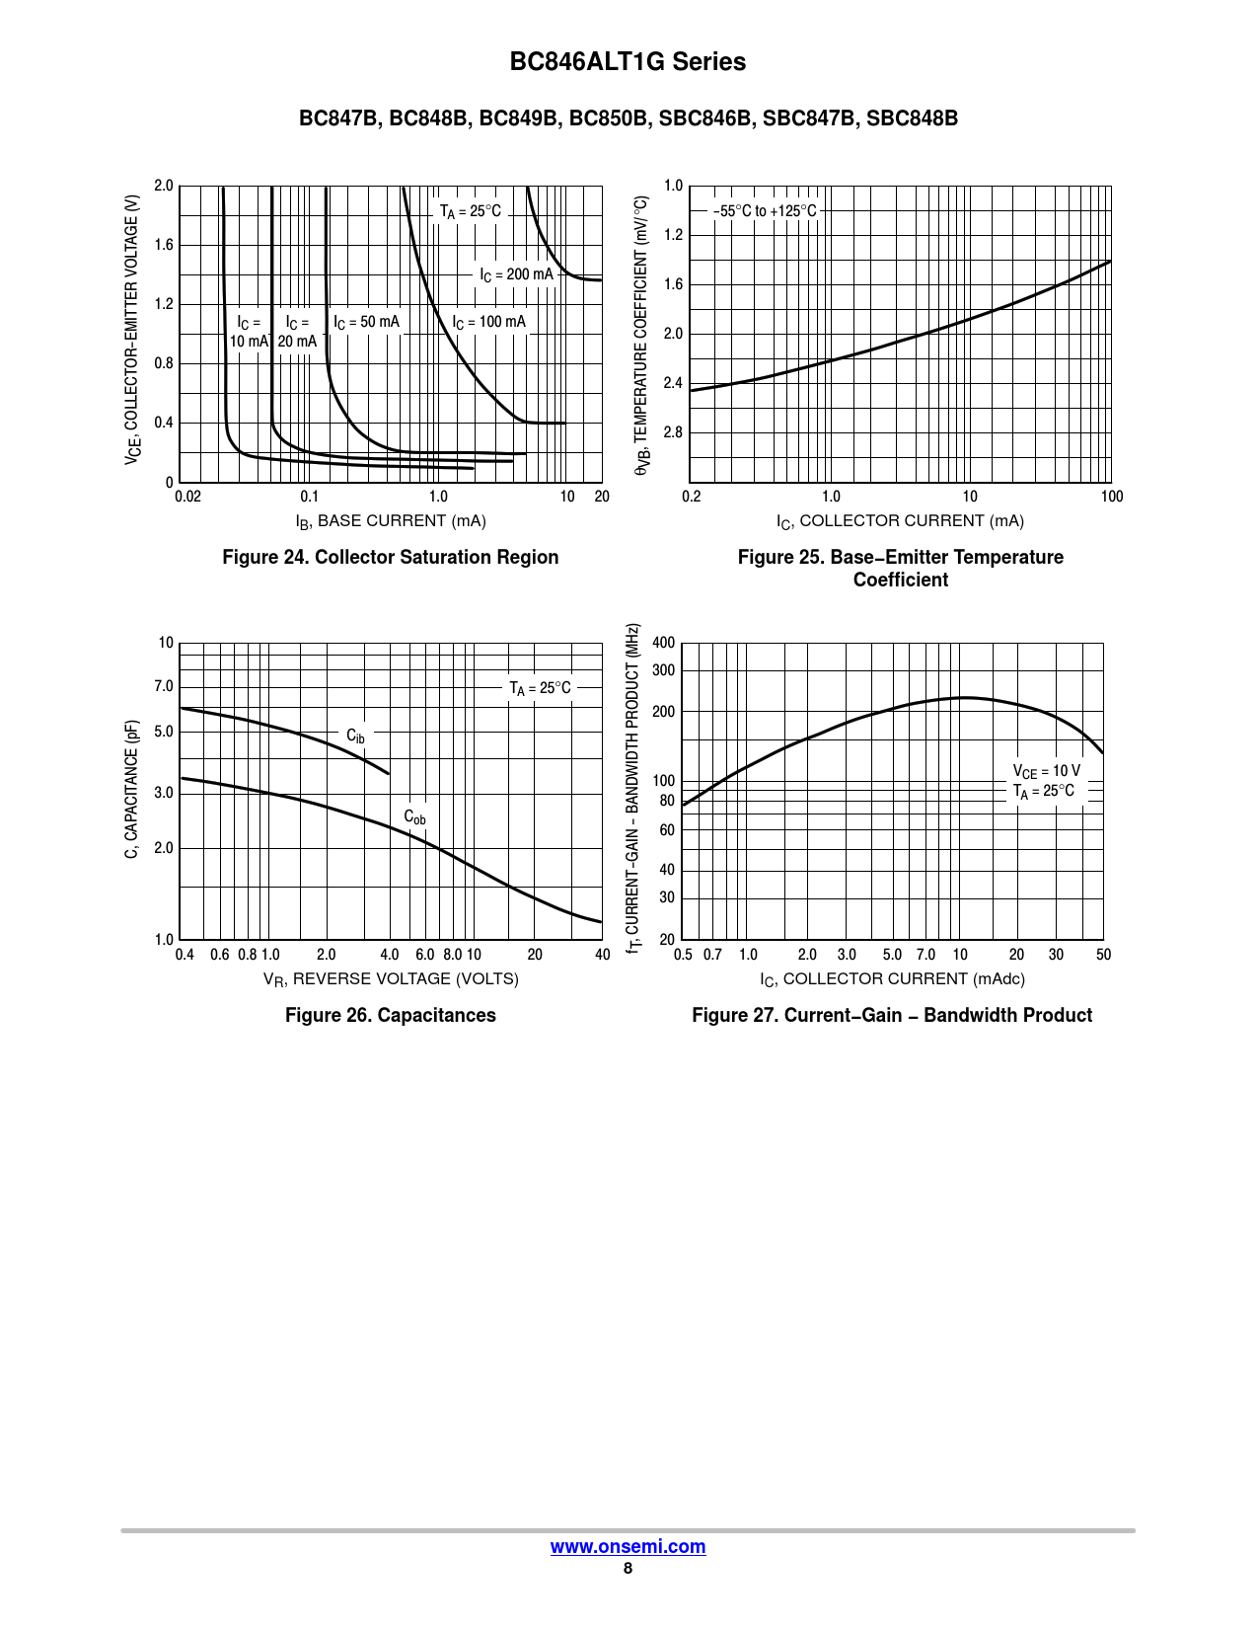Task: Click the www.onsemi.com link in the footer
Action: pos(628,1546)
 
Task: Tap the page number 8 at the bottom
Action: pos(628,1568)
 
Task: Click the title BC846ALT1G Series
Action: pos(628,61)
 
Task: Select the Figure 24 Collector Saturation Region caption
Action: pos(390,557)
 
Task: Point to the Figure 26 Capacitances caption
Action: pos(390,1015)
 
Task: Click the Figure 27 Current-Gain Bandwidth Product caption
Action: pos(892,1015)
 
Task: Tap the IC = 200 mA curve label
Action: pos(516,274)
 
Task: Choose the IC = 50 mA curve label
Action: pos(366,322)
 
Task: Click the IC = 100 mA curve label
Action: pos(488,322)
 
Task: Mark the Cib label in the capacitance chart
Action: pos(355,737)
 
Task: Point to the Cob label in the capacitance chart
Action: pos(414,817)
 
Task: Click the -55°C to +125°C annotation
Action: pos(765,211)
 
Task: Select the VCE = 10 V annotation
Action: pos(1046,771)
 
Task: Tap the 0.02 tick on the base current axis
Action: pos(187,497)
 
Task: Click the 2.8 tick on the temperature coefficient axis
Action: pos(673,432)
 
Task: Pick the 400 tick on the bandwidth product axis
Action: pos(664,643)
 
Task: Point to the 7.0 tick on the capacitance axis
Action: pos(164,686)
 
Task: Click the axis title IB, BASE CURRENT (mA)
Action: pos(391,521)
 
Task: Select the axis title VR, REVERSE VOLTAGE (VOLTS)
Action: pos(391,979)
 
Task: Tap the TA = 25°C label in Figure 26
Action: pos(540,688)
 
